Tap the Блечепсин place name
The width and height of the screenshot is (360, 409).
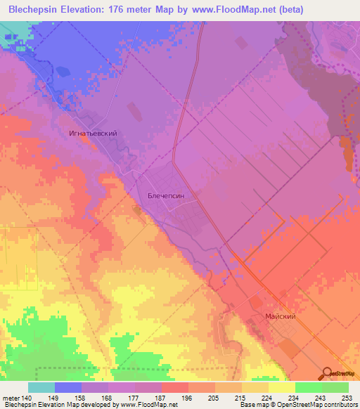tap(165, 197)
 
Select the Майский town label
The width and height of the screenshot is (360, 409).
tap(280, 317)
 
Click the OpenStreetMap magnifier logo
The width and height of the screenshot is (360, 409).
tap(328, 373)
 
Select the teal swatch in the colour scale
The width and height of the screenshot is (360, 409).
tap(41, 387)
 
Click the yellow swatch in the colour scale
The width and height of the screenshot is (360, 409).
tap(281, 387)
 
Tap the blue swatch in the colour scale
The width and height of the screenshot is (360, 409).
tap(68, 387)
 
